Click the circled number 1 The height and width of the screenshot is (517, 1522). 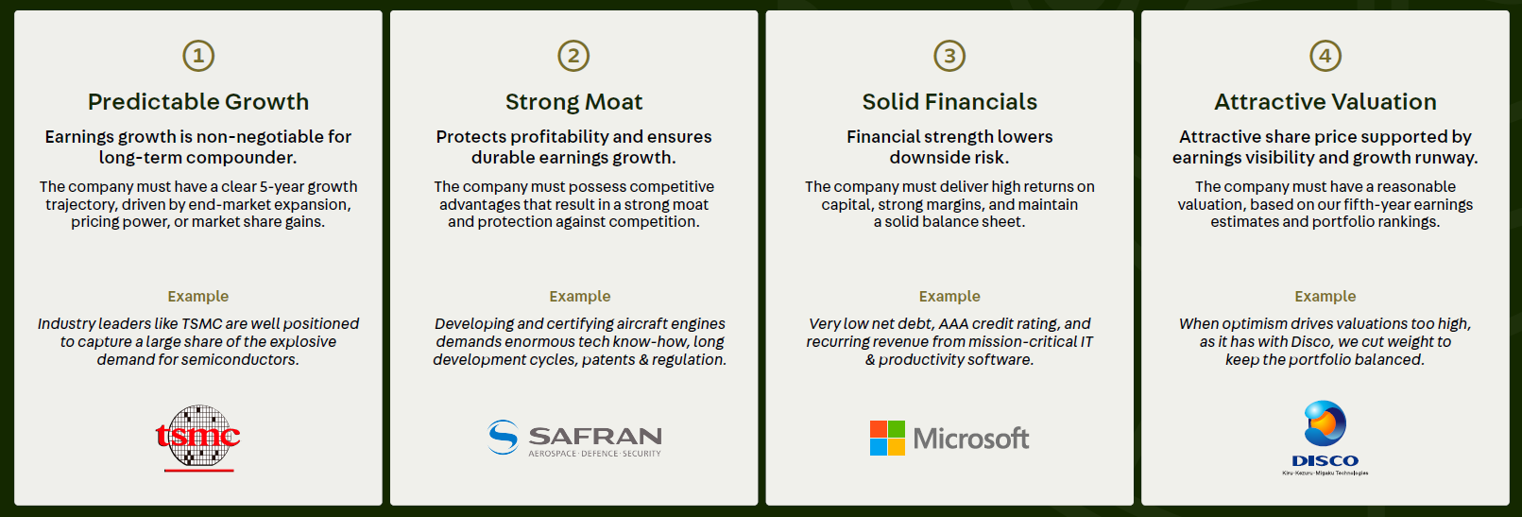198,56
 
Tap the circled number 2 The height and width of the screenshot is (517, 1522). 573,56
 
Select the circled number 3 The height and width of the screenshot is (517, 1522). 949,56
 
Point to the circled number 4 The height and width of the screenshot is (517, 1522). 1325,56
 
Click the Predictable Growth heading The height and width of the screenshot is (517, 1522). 198,102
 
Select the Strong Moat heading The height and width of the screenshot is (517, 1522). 573,102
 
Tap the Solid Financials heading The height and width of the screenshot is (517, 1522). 949,102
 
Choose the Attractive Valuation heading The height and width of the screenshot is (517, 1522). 1325,102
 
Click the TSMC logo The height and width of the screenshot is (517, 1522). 197,438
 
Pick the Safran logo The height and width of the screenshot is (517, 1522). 574,438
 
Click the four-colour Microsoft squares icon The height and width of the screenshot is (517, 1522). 887,438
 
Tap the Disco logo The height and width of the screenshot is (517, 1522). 1325,438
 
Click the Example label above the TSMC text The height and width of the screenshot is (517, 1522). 198,296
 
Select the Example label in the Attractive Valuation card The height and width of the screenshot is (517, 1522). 1325,296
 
